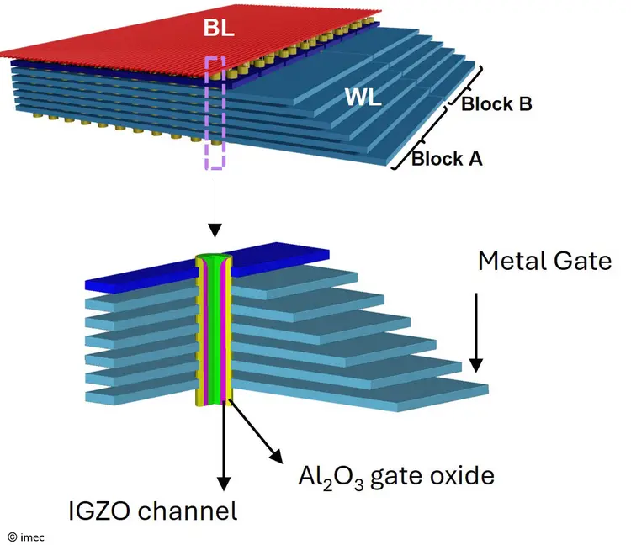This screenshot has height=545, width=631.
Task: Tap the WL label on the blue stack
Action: coord(363,98)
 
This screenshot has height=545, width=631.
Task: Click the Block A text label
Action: coord(446,158)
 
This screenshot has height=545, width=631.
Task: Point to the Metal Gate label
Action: coord(544,261)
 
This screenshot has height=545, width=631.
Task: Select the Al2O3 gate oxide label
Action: coord(395,476)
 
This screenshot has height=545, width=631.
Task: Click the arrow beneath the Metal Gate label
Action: coord(476,332)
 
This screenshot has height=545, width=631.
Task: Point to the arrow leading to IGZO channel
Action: coord(225,446)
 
